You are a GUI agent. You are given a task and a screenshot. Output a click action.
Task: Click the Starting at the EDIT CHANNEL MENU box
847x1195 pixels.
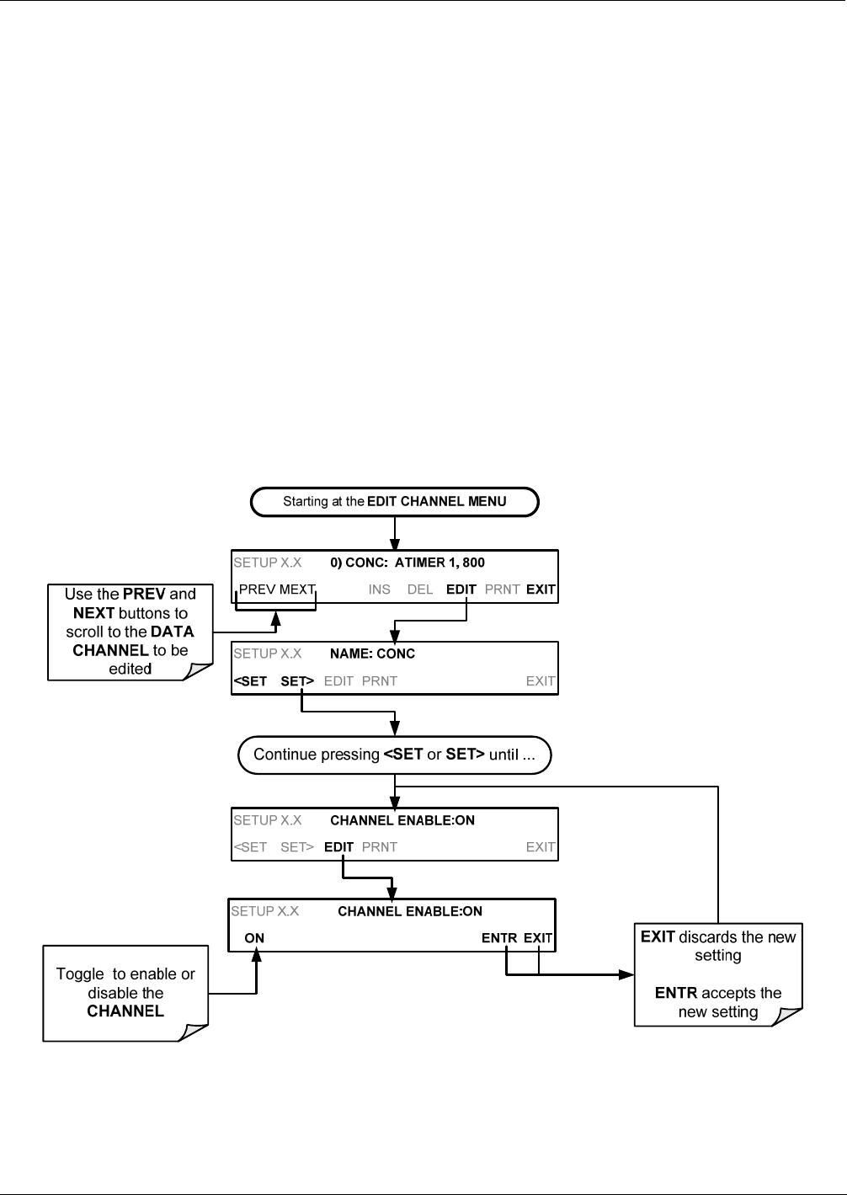395,502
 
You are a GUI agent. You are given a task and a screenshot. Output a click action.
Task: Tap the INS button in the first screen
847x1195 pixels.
379,589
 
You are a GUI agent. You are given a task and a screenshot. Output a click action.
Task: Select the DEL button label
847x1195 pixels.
420,589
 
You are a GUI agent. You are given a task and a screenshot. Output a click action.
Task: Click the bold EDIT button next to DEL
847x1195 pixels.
461,589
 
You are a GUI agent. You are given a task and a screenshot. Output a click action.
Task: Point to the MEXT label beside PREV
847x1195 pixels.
297,589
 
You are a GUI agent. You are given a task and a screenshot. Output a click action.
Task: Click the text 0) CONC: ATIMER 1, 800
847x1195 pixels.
408,563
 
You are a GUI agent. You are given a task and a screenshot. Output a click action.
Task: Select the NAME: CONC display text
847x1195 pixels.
372,654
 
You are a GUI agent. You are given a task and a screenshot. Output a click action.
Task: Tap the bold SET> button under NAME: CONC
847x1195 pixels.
297,681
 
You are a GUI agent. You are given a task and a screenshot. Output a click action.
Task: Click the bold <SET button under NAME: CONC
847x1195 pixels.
250,681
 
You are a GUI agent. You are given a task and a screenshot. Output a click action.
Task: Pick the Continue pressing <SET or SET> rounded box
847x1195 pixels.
394,755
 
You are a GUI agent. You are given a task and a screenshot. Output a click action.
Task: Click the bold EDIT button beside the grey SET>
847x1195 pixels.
338,847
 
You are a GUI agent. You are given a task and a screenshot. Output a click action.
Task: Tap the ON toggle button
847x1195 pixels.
254,938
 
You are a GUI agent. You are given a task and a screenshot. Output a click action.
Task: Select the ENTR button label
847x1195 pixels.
499,938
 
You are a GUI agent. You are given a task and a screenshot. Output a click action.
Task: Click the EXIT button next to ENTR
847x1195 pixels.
538,938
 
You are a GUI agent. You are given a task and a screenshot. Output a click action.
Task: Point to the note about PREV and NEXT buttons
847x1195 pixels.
131,632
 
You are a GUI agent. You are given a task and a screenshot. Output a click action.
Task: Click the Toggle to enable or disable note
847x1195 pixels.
125,994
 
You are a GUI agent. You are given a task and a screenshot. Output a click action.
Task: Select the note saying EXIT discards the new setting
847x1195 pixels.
718,974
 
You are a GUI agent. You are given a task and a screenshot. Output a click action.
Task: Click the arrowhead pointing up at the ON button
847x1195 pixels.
257,957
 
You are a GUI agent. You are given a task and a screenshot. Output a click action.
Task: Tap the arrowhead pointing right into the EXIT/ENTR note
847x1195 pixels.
626,975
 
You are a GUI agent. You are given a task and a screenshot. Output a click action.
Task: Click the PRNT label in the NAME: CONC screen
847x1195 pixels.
379,681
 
